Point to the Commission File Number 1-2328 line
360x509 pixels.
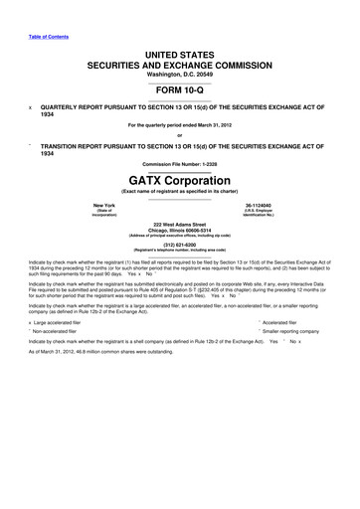[180, 163]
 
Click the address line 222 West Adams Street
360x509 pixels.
[180, 225]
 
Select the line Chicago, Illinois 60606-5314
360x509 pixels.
[180, 231]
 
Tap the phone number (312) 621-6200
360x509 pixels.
[180, 245]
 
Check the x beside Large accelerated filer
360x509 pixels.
[31, 322]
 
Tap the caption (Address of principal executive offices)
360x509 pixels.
[180, 237]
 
